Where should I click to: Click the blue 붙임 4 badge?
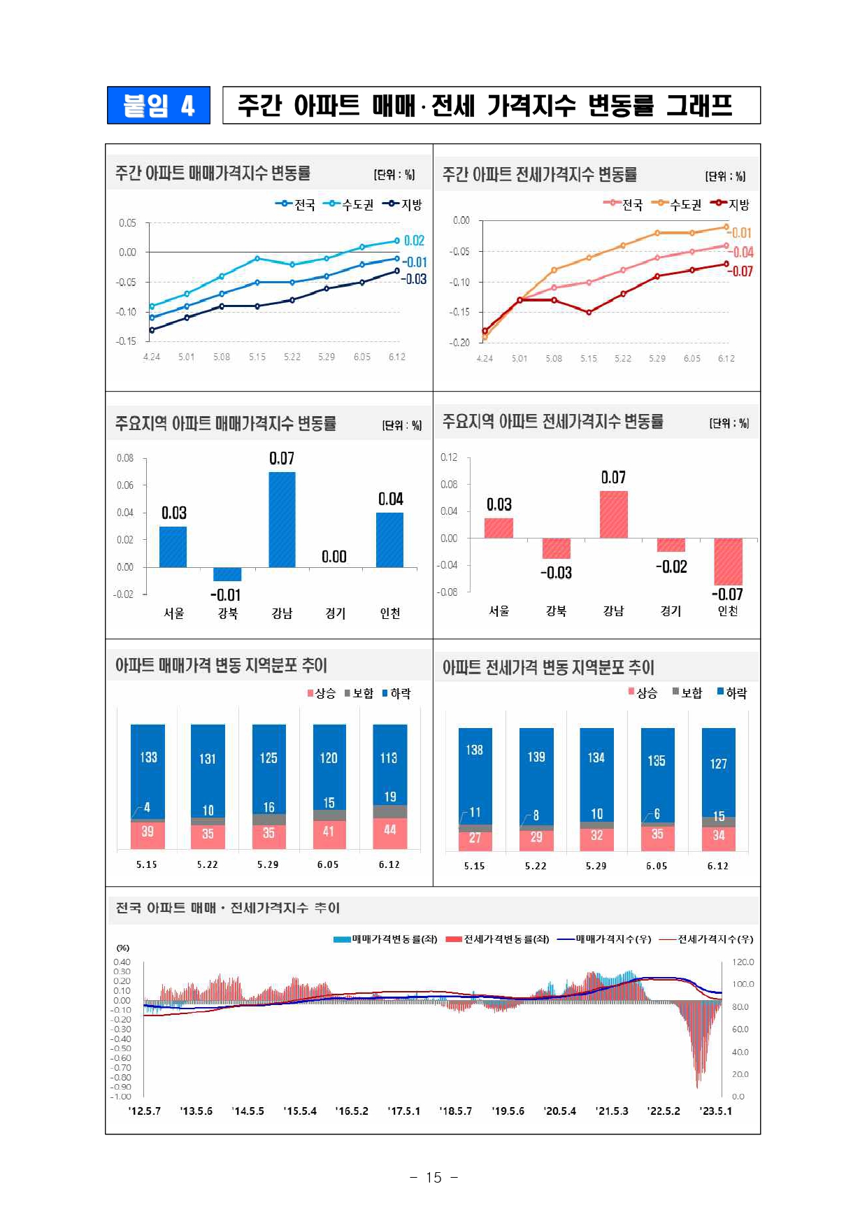[x=158, y=106]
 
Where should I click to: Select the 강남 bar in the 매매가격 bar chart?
[x=282, y=519]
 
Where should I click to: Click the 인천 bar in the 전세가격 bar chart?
[x=728, y=561]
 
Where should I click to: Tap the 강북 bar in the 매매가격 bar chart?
[x=227, y=574]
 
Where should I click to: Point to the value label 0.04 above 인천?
[x=391, y=499]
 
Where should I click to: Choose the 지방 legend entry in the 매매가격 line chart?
[x=403, y=204]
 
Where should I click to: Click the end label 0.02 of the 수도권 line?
[x=414, y=241]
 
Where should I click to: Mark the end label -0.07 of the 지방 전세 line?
[x=742, y=271]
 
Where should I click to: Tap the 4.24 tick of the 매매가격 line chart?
[x=152, y=357]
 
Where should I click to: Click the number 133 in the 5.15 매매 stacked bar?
[x=148, y=757]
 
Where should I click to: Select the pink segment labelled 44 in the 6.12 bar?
[x=390, y=832]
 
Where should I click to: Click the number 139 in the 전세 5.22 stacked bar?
[x=536, y=757]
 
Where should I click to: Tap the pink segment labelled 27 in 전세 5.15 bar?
[x=475, y=839]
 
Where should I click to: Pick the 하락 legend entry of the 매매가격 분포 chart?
[x=396, y=693]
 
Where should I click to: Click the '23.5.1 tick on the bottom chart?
[x=715, y=1111]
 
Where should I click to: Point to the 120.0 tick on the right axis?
[x=743, y=962]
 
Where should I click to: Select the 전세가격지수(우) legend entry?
[x=707, y=939]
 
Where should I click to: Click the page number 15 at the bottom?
[x=433, y=1178]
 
